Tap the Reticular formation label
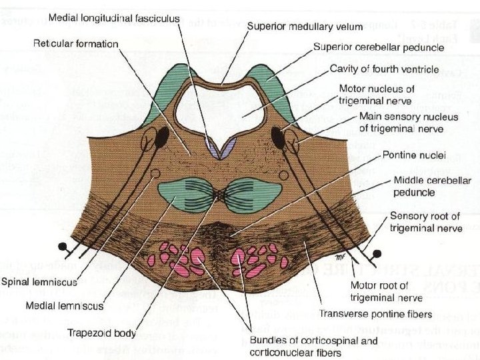[76, 44]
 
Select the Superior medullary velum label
[305, 27]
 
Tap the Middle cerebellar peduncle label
[433, 186]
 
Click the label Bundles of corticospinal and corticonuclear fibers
[319, 347]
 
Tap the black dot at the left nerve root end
[61, 246]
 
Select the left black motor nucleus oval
[161, 138]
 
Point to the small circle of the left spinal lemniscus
[155, 173]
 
